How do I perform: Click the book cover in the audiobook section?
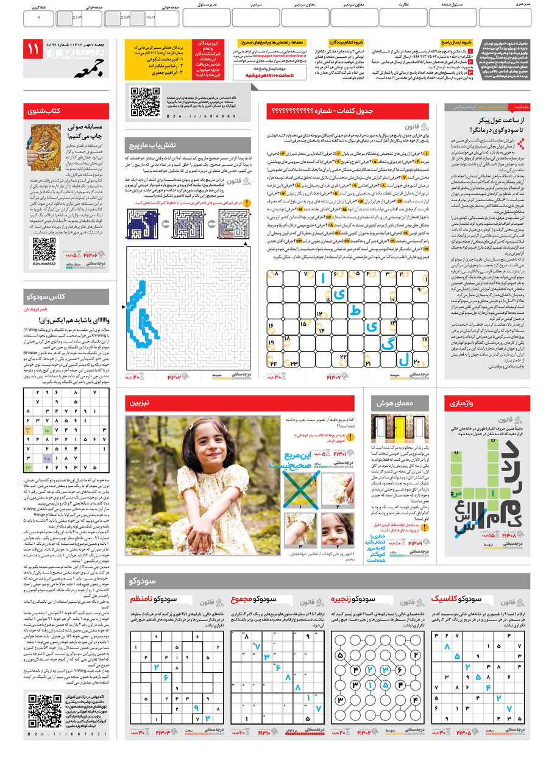pos(45,147)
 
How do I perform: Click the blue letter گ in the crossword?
pos(386,344)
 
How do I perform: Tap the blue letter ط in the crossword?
pos(355,311)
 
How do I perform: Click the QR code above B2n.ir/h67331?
pos(45,710)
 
